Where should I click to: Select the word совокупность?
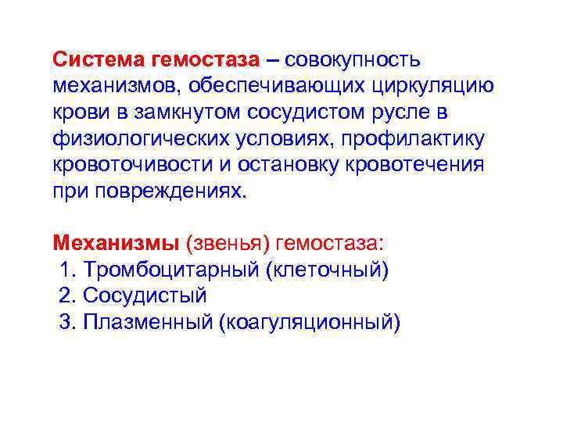coord(353,59)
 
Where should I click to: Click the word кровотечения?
coord(422,166)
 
